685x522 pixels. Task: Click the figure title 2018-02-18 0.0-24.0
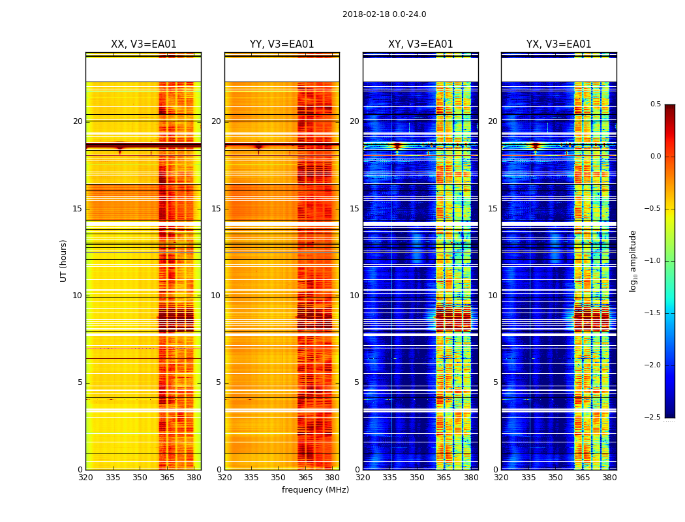(x=384, y=14)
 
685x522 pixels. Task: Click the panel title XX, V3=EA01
(x=144, y=44)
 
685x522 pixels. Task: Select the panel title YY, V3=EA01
(x=282, y=44)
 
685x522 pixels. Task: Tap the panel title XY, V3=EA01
(x=421, y=44)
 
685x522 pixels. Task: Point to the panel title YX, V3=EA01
(x=559, y=44)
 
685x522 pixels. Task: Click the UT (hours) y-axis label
(x=63, y=260)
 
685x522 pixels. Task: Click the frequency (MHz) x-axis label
(x=315, y=490)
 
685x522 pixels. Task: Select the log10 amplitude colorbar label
(x=633, y=261)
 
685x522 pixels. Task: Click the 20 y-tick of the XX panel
(x=78, y=121)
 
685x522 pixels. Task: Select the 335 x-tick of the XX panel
(x=113, y=478)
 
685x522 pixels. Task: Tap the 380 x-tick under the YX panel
(x=609, y=478)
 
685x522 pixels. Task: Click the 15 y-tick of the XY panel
(x=355, y=209)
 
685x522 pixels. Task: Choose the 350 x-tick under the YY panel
(x=279, y=478)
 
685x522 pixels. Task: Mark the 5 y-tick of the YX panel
(x=496, y=382)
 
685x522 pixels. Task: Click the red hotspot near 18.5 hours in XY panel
(x=397, y=146)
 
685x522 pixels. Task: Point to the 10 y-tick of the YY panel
(x=216, y=296)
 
